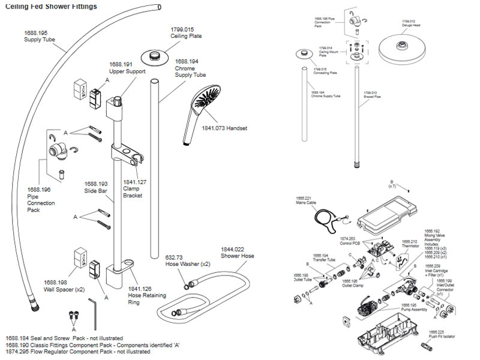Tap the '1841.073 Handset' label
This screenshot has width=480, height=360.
(224, 128)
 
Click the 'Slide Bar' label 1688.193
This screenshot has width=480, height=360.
(96, 187)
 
